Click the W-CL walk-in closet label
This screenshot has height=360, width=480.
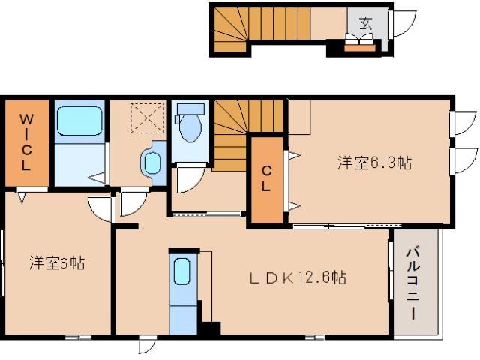pyautogui.click(x=25, y=142)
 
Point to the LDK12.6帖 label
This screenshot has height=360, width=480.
pyautogui.click(x=298, y=277)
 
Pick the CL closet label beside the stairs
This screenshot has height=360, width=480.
pyautogui.click(x=266, y=181)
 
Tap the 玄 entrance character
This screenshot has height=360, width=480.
pyautogui.click(x=365, y=22)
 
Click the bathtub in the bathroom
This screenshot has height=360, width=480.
pyautogui.click(x=79, y=121)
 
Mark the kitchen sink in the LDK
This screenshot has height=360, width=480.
pyautogui.click(x=182, y=271)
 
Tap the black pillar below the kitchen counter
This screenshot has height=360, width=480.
pyautogui.click(x=210, y=329)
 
